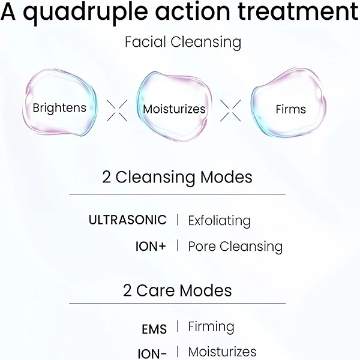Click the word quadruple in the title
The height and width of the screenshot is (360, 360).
point(85,13)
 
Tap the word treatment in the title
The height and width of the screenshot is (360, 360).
point(298,11)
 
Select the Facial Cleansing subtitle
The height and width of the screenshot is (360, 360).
point(183,43)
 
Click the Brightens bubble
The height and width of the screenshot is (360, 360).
point(59,102)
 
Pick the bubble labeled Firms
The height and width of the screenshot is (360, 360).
point(289,103)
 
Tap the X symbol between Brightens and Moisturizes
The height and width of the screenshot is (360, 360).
point(117,110)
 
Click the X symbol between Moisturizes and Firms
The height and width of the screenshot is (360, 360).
point(230,110)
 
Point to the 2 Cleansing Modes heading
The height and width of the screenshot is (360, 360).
point(177,178)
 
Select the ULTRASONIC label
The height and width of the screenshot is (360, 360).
point(128,220)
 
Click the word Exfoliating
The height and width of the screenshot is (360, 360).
point(220,221)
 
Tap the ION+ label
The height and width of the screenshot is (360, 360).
point(151,247)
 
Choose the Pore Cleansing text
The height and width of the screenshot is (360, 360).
point(235,247)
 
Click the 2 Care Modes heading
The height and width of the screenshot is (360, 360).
point(177,290)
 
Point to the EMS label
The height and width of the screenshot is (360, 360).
point(154,329)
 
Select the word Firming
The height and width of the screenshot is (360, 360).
point(211,327)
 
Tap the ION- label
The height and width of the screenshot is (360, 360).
point(152,353)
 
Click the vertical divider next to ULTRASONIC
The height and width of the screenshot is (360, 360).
point(178,220)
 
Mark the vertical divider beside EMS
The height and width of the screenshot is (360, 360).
point(178,326)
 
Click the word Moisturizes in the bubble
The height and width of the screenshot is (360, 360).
point(174,109)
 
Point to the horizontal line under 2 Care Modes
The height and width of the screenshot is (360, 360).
point(177,304)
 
